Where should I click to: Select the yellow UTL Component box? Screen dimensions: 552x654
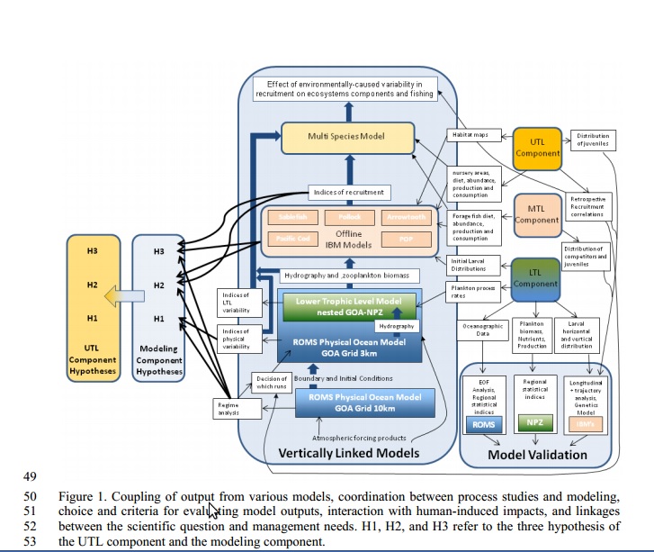537,148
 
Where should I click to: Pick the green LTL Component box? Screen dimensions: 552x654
536,278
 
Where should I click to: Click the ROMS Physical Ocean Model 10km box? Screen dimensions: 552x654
359,402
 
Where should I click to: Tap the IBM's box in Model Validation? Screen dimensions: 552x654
586,423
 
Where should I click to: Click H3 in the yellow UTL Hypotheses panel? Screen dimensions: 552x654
93,251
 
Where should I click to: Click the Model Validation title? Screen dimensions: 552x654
537,455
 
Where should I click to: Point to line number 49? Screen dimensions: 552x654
31,475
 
